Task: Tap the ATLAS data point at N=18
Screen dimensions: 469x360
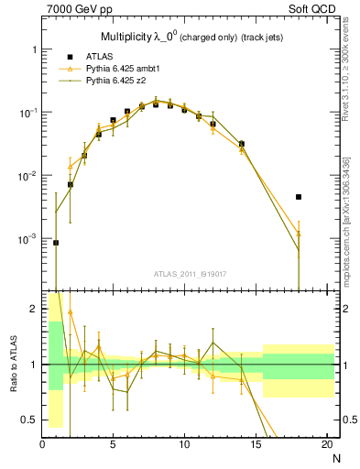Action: [x=299, y=197]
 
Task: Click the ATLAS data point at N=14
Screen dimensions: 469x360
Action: [x=242, y=144]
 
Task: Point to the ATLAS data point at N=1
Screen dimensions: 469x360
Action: [x=56, y=243]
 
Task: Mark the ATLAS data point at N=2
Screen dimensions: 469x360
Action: [x=71, y=184]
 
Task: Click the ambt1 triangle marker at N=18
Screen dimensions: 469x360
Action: [x=299, y=234]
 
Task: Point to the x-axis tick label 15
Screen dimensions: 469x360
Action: [x=256, y=444]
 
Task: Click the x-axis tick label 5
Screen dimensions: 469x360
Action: [x=113, y=444]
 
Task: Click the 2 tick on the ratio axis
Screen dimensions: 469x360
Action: [x=34, y=310]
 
